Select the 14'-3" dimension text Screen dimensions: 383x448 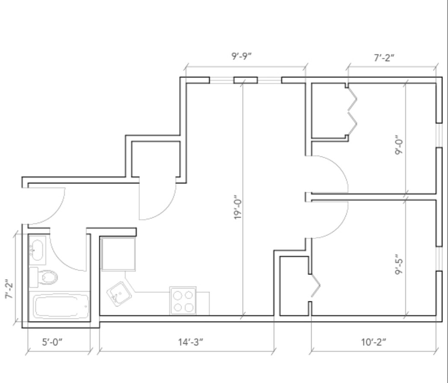pos(190,342)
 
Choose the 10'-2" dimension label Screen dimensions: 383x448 pos(373,342)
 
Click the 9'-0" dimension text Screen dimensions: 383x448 pos(399,147)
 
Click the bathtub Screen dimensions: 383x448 pos(61,306)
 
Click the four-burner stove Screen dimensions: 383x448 pos(183,301)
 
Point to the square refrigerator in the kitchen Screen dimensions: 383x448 pos(118,254)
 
